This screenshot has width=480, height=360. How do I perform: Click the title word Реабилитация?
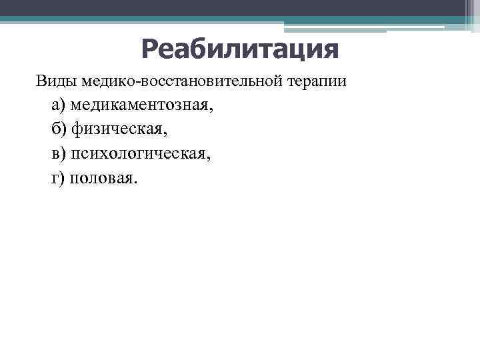[240, 49]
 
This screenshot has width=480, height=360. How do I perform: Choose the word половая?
[104, 178]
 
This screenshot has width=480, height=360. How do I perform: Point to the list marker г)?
[58, 178]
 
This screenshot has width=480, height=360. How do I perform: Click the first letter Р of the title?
[150, 49]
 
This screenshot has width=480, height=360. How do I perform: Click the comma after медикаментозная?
[213, 110]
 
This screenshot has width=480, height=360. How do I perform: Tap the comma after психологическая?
[209, 159]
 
